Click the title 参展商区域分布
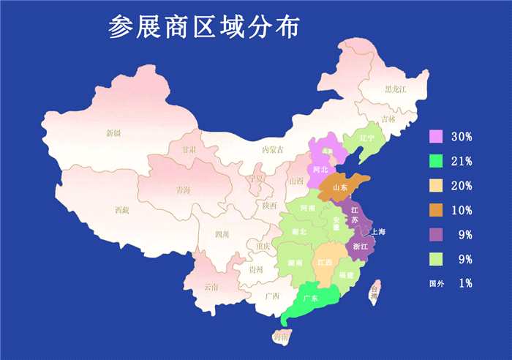(203, 27)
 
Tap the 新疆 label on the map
(113, 133)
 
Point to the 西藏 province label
(121, 210)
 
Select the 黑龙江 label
(395, 89)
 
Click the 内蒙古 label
(272, 149)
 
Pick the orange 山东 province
(341, 187)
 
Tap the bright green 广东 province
(310, 299)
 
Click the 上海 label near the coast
(378, 232)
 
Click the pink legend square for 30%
(437, 137)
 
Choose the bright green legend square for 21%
(437, 161)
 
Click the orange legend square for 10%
(437, 210)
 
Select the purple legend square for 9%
(437, 234)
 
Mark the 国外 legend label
(437, 283)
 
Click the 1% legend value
(465, 283)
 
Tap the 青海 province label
(183, 190)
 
